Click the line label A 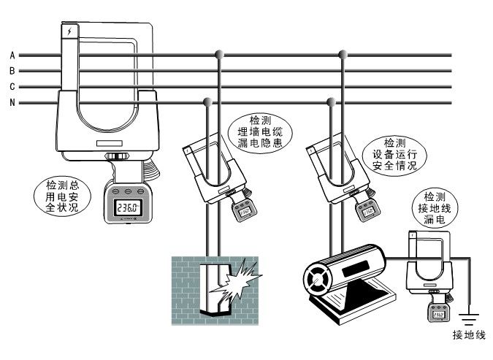[12, 55]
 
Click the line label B [12, 71]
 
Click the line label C [12, 87]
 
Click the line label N [12, 103]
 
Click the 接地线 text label [467, 337]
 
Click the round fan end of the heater [319, 279]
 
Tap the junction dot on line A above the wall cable [218, 54]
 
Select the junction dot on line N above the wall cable [207, 102]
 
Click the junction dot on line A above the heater [343, 54]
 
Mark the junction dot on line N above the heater [332, 102]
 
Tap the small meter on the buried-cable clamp [243, 212]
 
